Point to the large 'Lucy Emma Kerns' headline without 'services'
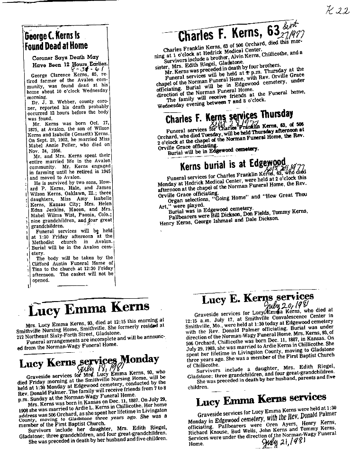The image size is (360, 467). coord(89,309)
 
